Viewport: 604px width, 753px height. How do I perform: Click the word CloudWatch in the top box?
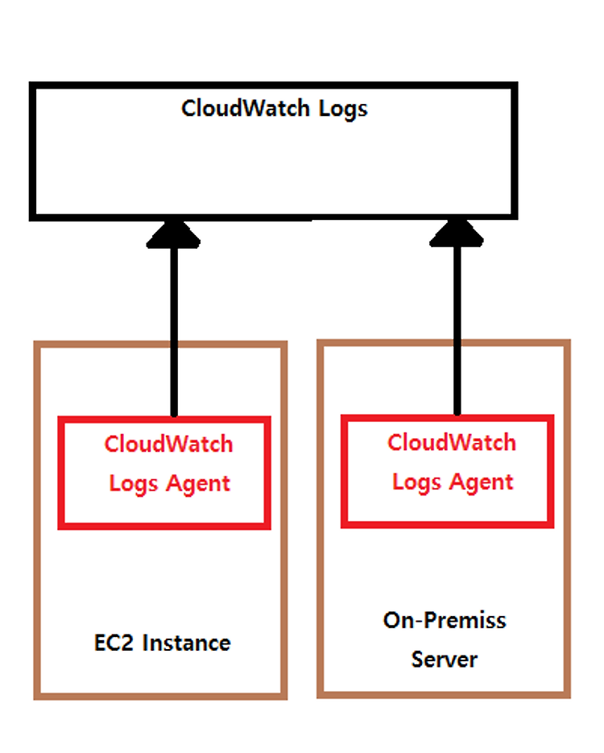tap(246, 108)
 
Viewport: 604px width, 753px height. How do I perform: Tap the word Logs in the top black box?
tap(343, 110)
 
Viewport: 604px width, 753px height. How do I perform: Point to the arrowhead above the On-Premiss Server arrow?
tap(457, 233)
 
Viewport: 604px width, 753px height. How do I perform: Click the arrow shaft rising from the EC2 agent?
tap(174, 331)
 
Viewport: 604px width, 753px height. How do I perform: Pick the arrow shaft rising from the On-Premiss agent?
tap(457, 330)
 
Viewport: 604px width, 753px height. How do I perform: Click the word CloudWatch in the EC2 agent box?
tap(168, 444)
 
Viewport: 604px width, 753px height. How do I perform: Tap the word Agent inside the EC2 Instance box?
tap(198, 484)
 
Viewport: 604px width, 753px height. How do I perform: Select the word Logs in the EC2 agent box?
tap(134, 484)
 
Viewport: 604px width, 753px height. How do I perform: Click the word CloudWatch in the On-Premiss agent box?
tap(452, 442)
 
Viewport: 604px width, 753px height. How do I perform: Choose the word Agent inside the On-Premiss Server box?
tap(481, 482)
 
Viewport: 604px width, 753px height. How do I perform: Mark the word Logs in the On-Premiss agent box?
tap(416, 482)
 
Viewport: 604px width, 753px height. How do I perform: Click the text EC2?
tap(114, 643)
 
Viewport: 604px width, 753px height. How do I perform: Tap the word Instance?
tap(186, 643)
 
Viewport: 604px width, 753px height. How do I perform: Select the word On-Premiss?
tap(445, 620)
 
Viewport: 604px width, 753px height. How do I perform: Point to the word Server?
tap(445, 660)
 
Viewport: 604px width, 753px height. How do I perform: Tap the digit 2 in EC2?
tap(126, 643)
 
